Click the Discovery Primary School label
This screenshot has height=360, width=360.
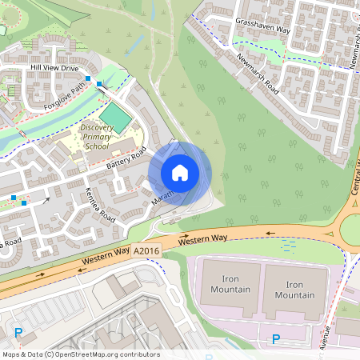pyautogui.click(x=96, y=137)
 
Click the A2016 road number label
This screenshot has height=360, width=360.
pyautogui.click(x=146, y=251)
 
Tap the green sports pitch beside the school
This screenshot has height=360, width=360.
pyautogui.click(x=116, y=119)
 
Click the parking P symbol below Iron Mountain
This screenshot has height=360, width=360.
pyautogui.click(x=276, y=339)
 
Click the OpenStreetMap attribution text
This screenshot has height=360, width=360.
pyautogui.click(x=80, y=354)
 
